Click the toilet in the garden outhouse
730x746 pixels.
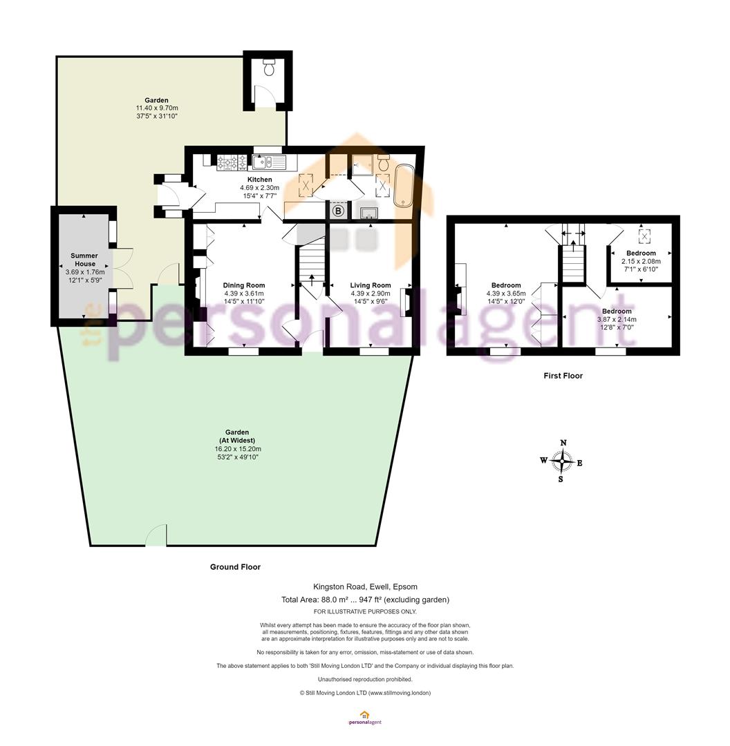(x=269, y=68)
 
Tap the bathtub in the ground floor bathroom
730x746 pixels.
(x=404, y=186)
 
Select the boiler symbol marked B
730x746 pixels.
(x=338, y=210)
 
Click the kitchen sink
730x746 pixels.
(x=268, y=163)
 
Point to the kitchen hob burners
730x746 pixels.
(x=232, y=163)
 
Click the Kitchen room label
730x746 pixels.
(x=259, y=180)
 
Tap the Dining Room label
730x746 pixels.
(x=244, y=285)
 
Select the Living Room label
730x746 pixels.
(x=371, y=285)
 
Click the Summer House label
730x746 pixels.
(x=85, y=260)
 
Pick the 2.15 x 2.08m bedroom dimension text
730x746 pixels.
(x=641, y=261)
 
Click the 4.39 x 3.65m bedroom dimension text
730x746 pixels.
(x=506, y=294)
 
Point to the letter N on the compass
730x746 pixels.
(x=563, y=443)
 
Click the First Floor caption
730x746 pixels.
(x=563, y=376)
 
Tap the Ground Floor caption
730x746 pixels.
(x=235, y=567)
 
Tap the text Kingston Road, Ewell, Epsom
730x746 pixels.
(x=365, y=586)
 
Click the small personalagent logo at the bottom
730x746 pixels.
(x=365, y=718)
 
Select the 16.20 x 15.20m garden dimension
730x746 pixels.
(x=238, y=449)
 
